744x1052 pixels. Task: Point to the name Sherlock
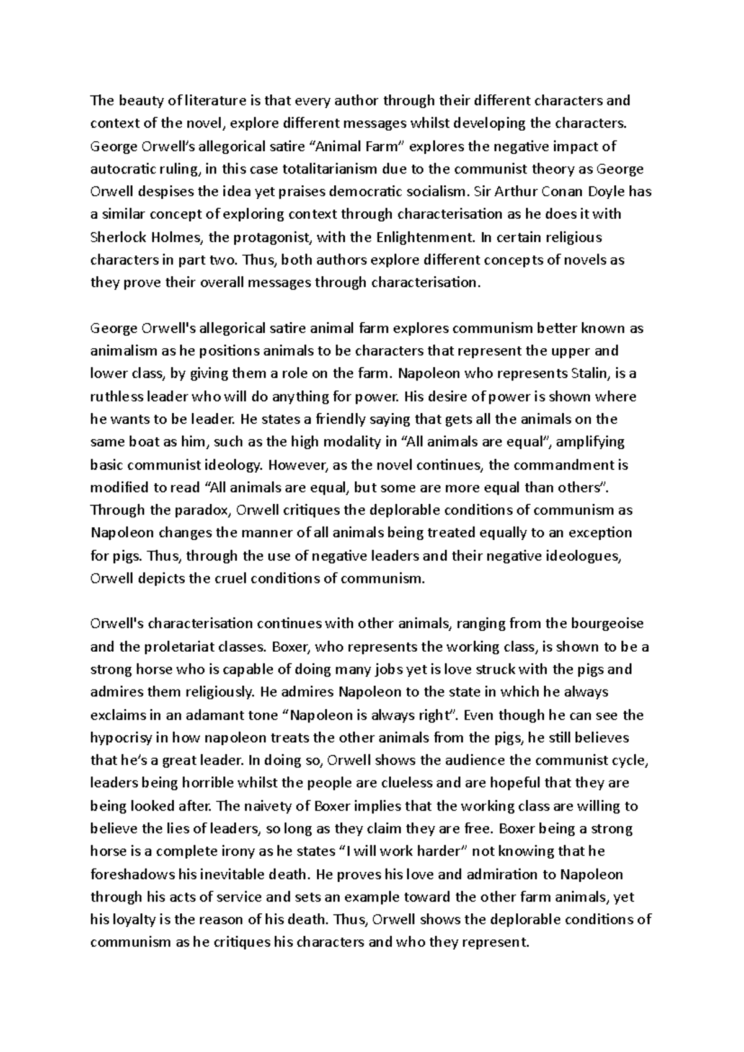pyautogui.click(x=114, y=237)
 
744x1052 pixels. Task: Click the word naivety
pyautogui.click(x=262, y=807)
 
